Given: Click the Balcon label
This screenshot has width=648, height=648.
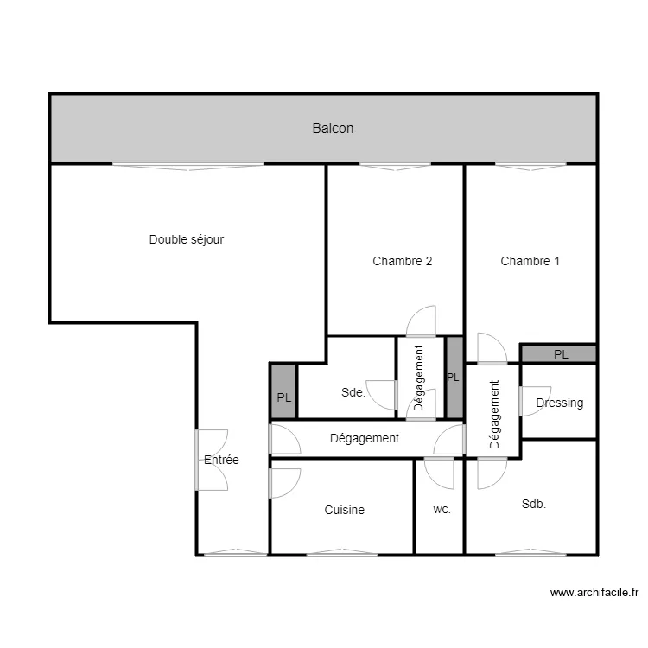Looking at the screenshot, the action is coord(333,128).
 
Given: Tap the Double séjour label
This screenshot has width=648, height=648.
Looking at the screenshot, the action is coord(187,239).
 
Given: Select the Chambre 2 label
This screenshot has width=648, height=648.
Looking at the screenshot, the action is coord(402,261).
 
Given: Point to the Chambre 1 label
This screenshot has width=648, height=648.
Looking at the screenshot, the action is coord(530,261).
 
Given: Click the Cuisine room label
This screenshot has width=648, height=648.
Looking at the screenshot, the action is coord(344,510).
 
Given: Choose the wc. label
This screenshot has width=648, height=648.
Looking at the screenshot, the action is coord(442,510).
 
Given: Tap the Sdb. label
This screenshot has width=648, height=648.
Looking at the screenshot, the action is coord(534,504).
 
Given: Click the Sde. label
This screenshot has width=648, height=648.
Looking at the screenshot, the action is coord(353,392).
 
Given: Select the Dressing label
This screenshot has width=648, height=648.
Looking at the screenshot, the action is coord(560,403).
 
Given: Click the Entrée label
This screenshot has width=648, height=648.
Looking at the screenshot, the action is coord(221,460).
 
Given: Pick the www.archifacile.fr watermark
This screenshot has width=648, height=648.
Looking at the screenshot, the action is coord(594,593).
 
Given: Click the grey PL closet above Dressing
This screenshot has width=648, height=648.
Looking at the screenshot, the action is coord(559,354).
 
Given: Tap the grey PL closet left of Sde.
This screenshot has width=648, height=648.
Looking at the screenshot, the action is coord(283,391).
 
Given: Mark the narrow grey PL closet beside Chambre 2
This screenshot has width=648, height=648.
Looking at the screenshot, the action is coord(454,378).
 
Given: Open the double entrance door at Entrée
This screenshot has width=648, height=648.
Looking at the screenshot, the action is coord(212,460).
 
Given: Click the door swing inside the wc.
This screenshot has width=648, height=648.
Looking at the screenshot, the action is coord(439,473).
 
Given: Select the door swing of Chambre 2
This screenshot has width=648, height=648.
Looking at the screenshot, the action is coord(421,321).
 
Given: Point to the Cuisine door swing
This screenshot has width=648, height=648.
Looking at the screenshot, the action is coord(284,484).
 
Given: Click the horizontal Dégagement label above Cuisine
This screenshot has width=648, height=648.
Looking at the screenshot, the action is coord(364,438).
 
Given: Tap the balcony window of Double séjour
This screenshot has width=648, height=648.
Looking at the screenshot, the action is coord(188,166).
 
